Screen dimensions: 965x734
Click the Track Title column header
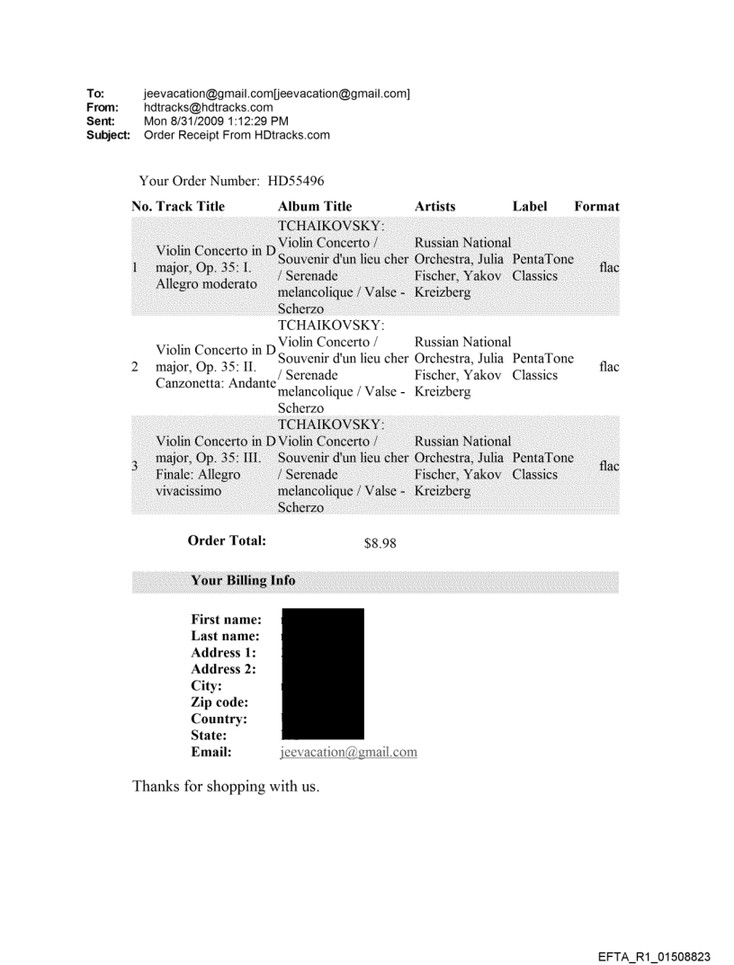click(x=189, y=206)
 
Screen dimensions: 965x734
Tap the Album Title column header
click(x=316, y=206)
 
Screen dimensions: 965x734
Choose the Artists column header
click(x=435, y=206)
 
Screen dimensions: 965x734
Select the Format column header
click(x=596, y=206)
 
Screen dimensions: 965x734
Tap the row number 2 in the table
click(x=135, y=367)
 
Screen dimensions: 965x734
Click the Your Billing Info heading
click(x=243, y=581)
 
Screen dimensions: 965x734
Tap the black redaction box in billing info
click(x=323, y=674)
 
